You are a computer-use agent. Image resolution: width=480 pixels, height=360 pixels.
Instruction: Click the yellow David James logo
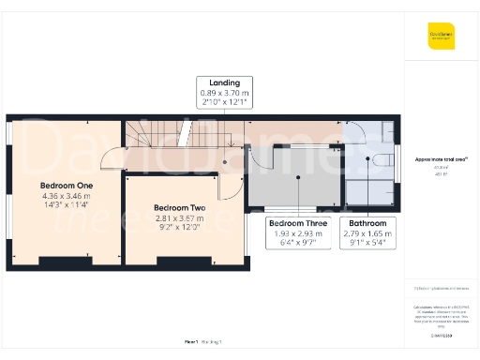(x=442, y=37)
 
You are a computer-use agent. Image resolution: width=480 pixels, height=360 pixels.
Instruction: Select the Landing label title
(x=225, y=82)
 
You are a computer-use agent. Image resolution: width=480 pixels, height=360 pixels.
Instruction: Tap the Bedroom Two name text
(x=179, y=206)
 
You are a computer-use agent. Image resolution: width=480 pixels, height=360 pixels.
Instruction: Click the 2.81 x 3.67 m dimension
(x=179, y=217)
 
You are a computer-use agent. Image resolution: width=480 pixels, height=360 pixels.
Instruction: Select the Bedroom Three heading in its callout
(x=298, y=223)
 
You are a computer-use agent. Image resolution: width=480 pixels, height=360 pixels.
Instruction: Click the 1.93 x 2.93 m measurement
(x=298, y=233)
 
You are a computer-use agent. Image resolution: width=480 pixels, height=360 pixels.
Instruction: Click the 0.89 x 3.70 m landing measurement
(x=225, y=93)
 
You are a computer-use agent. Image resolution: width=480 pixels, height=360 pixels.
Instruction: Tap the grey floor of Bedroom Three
(x=295, y=183)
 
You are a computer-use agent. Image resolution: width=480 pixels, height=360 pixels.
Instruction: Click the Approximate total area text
(x=442, y=159)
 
